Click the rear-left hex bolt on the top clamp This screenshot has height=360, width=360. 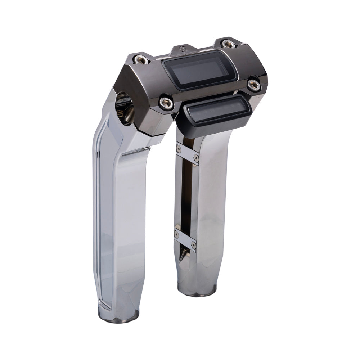[141, 59]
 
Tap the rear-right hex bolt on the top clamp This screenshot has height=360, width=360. [228, 44]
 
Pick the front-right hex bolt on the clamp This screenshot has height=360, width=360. [254, 85]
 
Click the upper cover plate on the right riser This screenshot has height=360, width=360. [187, 153]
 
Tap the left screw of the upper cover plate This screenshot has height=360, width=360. [179, 148]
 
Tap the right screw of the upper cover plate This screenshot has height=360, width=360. [196, 158]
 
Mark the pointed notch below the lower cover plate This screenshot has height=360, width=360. [185, 256]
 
